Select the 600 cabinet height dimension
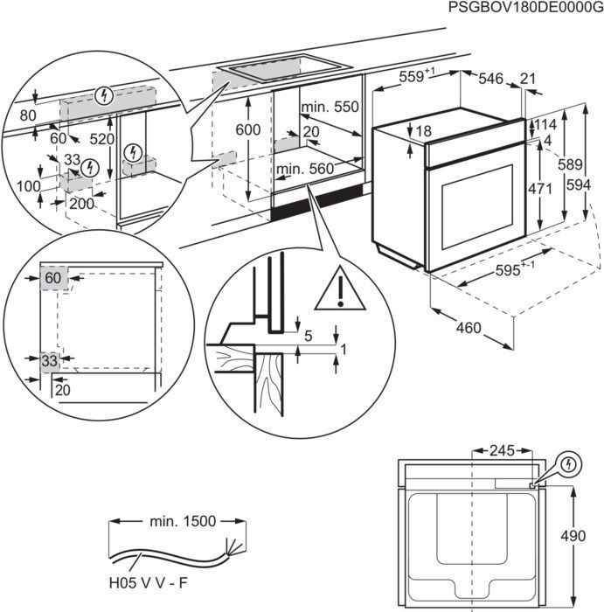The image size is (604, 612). (x=249, y=129)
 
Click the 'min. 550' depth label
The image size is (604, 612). (x=330, y=108)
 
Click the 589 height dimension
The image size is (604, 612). (x=569, y=163)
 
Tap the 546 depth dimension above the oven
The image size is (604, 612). (x=489, y=80)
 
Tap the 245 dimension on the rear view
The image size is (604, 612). (x=502, y=452)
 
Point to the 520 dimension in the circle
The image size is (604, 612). (x=101, y=139)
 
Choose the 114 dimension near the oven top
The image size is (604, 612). (x=545, y=124)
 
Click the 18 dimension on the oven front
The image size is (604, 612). (x=424, y=131)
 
